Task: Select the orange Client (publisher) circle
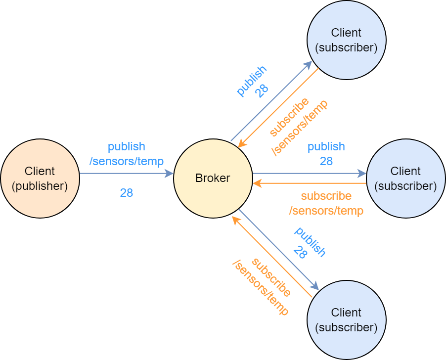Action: pos(40,178)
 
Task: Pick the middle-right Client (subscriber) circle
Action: pos(405,178)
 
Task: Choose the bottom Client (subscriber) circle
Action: pos(346,320)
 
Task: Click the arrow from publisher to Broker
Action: pos(126,174)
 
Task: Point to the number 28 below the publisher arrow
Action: pos(127,193)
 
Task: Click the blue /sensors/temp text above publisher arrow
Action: pos(127,161)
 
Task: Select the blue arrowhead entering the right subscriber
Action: pos(362,174)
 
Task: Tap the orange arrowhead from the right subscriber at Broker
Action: pos(257,183)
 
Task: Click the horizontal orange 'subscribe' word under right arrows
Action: pos(326,196)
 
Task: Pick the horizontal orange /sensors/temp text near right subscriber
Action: pos(326,211)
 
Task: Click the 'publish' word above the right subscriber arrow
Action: pos(326,147)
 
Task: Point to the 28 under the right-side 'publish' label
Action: pos(326,161)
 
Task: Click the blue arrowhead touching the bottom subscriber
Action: pos(314,286)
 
